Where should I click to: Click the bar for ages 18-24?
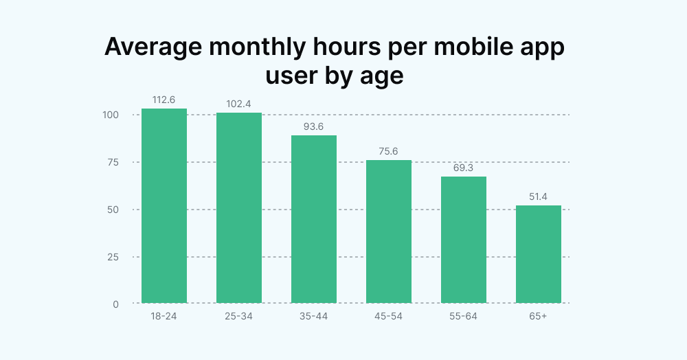(x=164, y=206)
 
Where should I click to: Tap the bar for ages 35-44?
(x=314, y=219)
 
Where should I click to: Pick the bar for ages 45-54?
(x=389, y=232)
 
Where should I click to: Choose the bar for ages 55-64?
(x=464, y=240)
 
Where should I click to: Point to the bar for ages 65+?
(x=539, y=254)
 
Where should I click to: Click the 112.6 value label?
(x=164, y=100)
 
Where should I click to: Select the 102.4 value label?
(x=239, y=104)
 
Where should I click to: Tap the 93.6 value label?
(x=314, y=126)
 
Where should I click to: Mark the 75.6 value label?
(x=389, y=151)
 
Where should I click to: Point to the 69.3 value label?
(x=464, y=168)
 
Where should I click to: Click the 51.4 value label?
(x=539, y=196)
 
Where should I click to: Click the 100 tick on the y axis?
(x=111, y=115)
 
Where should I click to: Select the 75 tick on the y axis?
(x=113, y=162)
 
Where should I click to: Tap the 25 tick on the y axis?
(x=113, y=257)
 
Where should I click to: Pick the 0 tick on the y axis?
(x=115, y=304)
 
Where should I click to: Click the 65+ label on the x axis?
(x=539, y=317)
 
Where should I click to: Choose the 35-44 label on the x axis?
(x=314, y=317)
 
